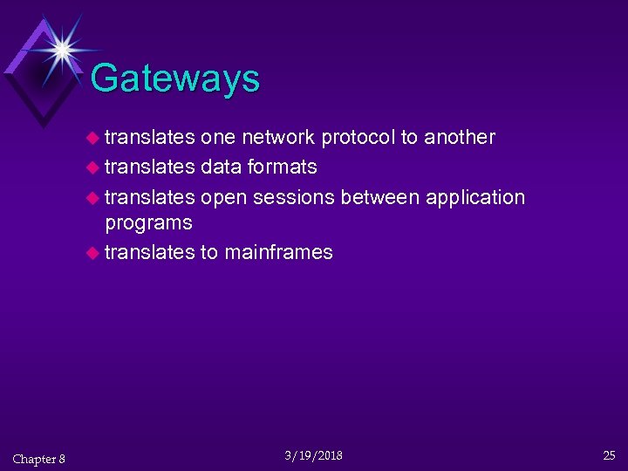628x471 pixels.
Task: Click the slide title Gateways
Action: (174, 78)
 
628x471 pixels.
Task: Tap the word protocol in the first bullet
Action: (358, 137)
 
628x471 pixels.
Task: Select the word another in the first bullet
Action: (460, 137)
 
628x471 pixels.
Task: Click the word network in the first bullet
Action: (279, 137)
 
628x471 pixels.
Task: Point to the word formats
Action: (283, 166)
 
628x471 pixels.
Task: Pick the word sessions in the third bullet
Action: (294, 197)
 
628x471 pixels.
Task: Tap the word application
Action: (474, 198)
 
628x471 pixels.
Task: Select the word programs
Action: (148, 223)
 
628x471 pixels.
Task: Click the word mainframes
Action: (278, 252)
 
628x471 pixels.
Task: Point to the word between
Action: (379, 197)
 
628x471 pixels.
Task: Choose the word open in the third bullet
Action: (222, 198)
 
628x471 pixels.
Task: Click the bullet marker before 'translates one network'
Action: (93, 138)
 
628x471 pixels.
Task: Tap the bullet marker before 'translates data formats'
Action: (93, 167)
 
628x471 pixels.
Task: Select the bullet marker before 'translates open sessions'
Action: (93, 198)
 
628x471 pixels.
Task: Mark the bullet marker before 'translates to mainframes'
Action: (93, 253)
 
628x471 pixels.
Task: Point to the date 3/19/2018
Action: (314, 455)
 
